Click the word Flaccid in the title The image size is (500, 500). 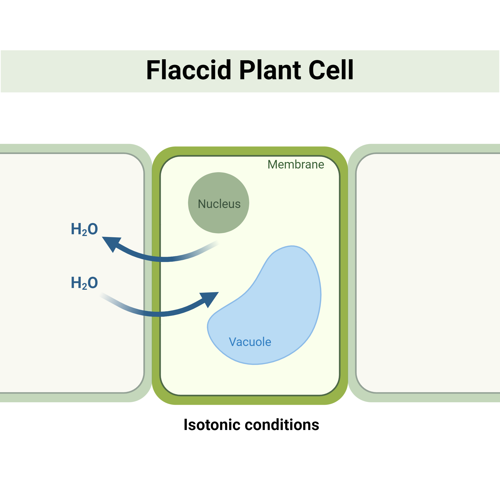[188, 70]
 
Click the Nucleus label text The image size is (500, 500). [219, 204]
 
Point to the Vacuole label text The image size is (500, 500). [250, 342]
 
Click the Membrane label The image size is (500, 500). [295, 164]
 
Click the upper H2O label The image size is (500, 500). [84, 229]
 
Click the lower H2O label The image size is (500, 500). [84, 283]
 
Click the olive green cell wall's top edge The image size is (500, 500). [250, 151]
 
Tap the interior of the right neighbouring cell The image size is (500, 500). [427, 272]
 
